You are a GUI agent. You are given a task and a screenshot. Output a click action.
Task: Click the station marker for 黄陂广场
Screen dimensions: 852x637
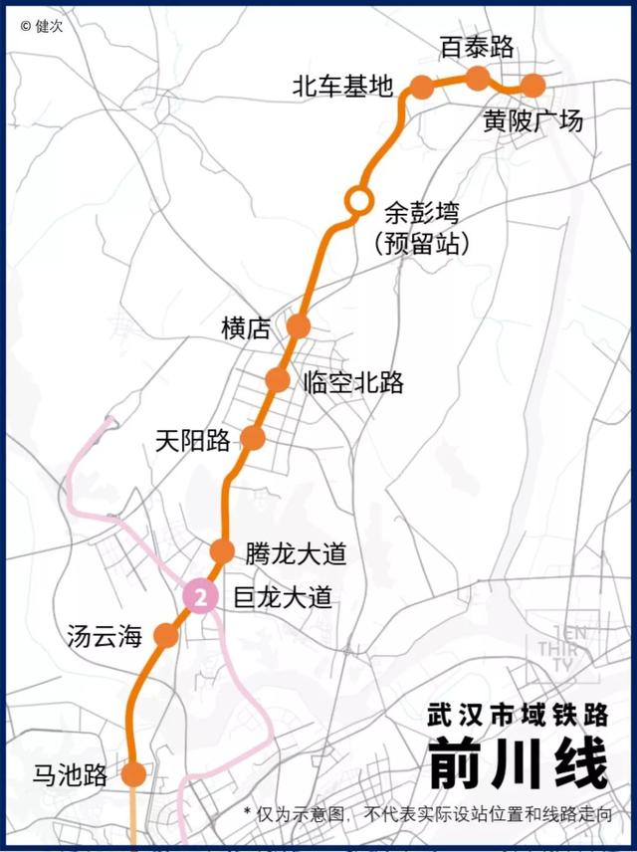pos(532,86)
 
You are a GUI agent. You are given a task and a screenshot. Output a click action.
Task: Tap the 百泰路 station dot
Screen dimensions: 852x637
pos(478,78)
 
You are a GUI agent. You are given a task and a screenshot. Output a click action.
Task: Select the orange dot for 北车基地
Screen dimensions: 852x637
pos(421,87)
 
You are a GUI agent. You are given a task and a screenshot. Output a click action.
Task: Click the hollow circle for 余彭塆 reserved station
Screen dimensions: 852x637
pos(356,199)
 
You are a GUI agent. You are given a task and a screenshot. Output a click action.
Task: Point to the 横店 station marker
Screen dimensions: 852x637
pos(299,325)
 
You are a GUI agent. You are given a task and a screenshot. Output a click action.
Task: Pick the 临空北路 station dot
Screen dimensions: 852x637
pos(278,380)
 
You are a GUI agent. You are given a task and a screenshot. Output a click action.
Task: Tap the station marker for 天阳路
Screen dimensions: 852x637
pos(253,438)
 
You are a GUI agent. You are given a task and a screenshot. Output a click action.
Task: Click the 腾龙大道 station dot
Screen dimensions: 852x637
pos(222,551)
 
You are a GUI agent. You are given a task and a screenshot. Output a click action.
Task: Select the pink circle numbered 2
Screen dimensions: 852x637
pos(202,597)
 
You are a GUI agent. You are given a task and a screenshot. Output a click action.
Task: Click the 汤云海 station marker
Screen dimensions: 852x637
pos(166,635)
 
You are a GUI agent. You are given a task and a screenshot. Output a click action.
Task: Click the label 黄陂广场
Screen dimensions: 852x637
pos(532,121)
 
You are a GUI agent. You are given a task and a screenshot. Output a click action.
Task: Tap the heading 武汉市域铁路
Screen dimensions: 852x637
pos(517,715)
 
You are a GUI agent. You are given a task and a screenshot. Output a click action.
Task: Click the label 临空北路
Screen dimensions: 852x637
pos(354,382)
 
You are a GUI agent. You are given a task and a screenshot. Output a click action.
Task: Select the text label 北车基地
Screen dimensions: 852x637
pos(342,87)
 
